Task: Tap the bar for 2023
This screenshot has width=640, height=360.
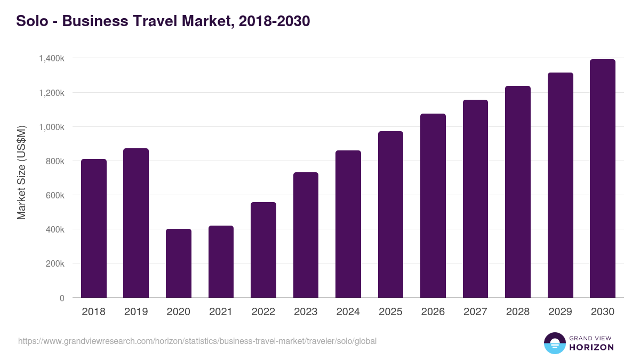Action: pos(306,235)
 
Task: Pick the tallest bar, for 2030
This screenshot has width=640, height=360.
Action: pos(603,178)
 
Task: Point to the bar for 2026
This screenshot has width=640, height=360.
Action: pos(433,205)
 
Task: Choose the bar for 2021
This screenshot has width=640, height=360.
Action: pos(221,261)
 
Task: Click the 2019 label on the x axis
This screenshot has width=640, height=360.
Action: pos(136,312)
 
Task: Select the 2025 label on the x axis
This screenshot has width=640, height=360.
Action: pos(390,312)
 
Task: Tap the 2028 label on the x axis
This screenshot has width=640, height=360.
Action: pos(518,312)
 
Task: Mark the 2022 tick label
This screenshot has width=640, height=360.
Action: pos(263,312)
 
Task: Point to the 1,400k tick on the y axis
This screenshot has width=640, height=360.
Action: pos(52,58)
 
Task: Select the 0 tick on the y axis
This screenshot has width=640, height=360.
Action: pos(62,298)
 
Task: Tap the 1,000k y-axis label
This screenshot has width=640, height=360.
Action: pos(52,127)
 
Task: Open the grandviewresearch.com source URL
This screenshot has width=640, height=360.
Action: pos(197,341)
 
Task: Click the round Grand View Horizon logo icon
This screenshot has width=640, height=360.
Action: pos(554,343)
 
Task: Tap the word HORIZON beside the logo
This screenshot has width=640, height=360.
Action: pos(591,347)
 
